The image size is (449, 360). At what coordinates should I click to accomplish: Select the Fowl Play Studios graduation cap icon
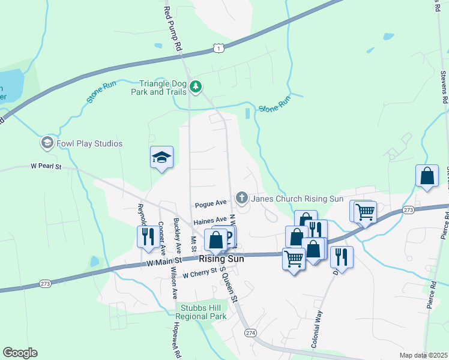point(47,143)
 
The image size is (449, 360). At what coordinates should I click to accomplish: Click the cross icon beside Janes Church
point(242,197)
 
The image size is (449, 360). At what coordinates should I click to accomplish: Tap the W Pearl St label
point(47,166)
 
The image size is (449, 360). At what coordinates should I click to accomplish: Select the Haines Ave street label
point(210,220)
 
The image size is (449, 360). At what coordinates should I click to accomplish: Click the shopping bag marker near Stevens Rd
point(427,176)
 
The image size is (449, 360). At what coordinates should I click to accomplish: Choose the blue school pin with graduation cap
point(161,157)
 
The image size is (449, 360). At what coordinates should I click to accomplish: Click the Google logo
point(20,353)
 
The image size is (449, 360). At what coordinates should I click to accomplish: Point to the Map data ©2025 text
point(422,355)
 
